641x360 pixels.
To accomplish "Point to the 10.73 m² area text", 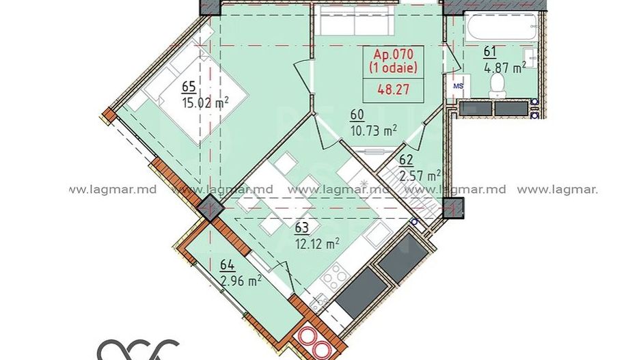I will (374, 129).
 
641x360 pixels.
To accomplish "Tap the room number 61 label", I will (489, 52).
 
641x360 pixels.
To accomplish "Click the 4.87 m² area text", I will (504, 67).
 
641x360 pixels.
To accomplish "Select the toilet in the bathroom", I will (497, 83).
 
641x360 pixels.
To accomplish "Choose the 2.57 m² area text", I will (420, 176).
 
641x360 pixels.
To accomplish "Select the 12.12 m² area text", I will (318, 243).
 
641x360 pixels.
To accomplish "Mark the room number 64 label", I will (227, 266).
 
